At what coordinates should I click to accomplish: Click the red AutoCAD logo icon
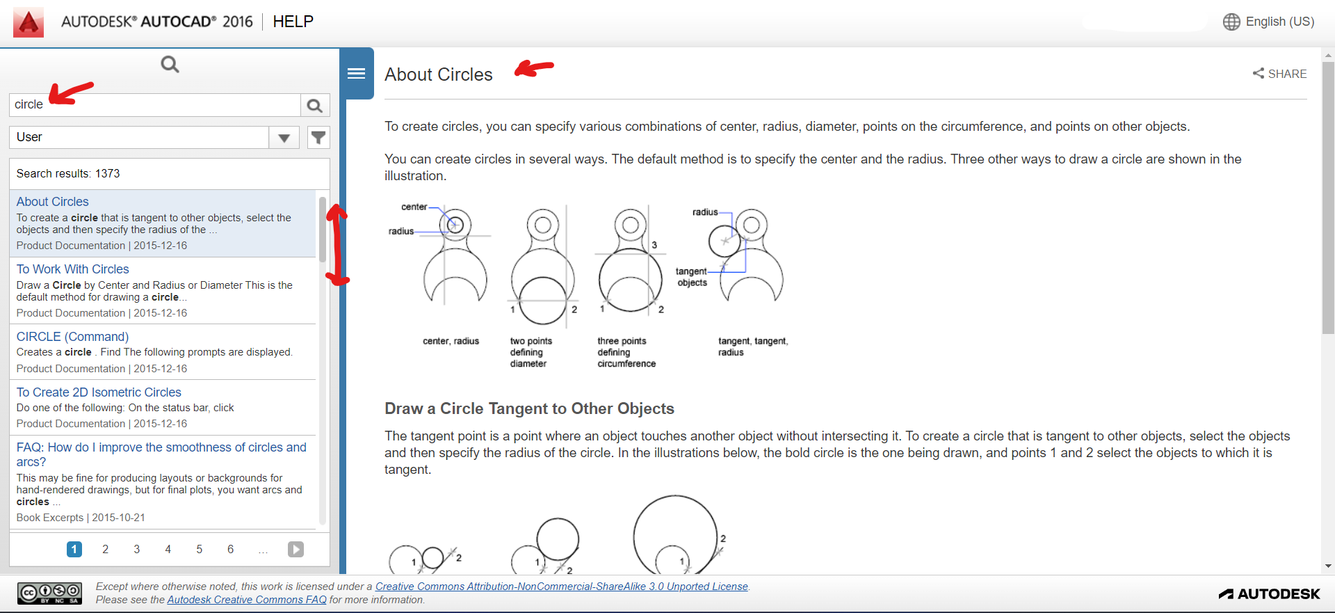(x=29, y=22)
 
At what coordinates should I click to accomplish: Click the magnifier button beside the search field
(x=314, y=105)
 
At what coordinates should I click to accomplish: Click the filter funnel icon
(x=318, y=137)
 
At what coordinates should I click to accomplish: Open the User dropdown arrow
(x=284, y=138)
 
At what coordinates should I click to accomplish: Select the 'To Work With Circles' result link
(x=73, y=269)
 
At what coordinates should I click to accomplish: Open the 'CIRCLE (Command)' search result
(x=73, y=337)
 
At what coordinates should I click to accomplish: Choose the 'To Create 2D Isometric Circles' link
(x=99, y=392)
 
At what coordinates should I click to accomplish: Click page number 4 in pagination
(x=168, y=550)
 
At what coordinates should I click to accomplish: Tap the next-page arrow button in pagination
(x=296, y=550)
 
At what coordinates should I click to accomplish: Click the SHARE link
(x=1279, y=74)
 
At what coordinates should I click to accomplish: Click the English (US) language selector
(x=1269, y=22)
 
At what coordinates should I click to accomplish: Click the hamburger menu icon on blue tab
(x=357, y=74)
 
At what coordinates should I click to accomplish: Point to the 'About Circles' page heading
(x=439, y=74)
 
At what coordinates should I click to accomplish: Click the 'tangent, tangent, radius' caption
(x=752, y=347)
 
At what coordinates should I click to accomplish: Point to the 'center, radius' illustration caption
(x=451, y=341)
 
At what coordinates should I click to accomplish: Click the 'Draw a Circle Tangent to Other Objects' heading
(x=529, y=408)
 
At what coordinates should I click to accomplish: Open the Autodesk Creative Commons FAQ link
(x=247, y=600)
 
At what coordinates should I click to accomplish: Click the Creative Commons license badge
(x=49, y=593)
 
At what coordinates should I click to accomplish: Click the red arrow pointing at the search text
(x=71, y=93)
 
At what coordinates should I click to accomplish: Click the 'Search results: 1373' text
(x=68, y=173)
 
